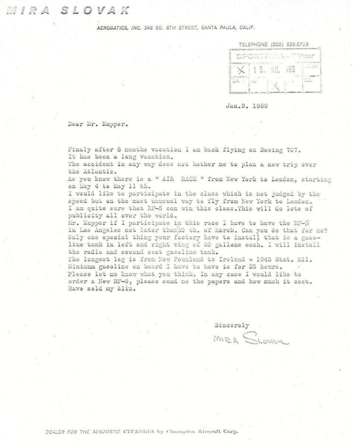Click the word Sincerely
(232, 325)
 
